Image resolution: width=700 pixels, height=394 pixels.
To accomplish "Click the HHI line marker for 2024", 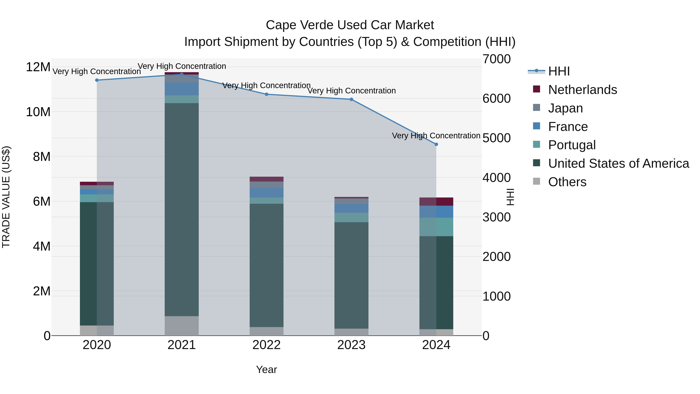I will (x=436, y=144).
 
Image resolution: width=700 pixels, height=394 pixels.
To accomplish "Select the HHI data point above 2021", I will (x=182, y=74).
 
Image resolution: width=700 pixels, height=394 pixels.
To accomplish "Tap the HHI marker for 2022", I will (x=266, y=94).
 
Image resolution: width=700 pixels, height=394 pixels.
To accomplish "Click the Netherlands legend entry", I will (x=582, y=90).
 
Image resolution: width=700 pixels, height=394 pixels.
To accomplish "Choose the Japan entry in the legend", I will (x=565, y=108).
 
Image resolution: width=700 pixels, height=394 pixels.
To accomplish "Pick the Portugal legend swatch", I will (x=536, y=144).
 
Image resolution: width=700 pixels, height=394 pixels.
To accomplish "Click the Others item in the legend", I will (x=567, y=182).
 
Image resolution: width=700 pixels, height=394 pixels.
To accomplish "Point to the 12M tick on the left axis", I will (x=38, y=67).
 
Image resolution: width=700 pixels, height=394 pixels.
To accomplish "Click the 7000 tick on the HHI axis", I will (x=496, y=59).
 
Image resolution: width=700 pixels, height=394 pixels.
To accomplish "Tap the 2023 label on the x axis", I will (x=351, y=345).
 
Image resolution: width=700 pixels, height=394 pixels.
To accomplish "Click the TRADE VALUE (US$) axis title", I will (x=6, y=197).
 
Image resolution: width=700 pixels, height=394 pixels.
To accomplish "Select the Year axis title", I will (x=266, y=369).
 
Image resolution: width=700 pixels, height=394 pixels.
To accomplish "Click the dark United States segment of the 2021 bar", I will (x=182, y=209).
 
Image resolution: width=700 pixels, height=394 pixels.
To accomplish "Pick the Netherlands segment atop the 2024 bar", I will (x=436, y=202).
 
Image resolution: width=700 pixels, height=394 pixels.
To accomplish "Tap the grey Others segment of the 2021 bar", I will (x=182, y=326).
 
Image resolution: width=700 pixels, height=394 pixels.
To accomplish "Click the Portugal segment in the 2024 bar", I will (x=436, y=227).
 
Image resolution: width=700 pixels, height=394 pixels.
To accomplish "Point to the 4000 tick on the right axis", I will (x=496, y=178).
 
